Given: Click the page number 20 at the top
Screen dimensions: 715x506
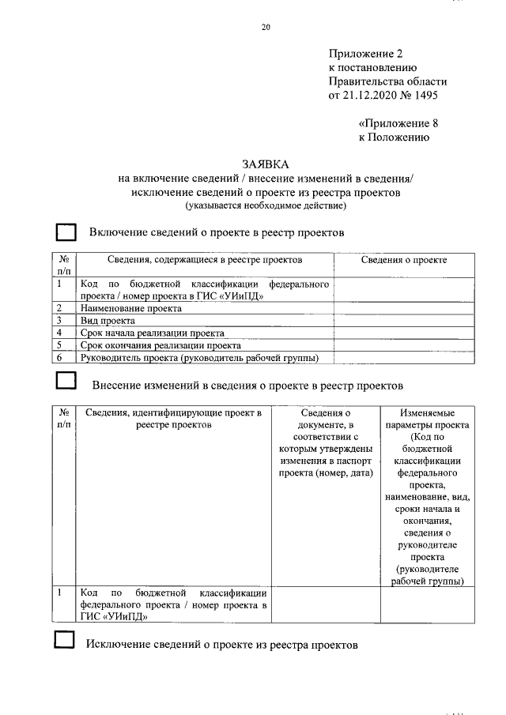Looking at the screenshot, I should click(266, 28).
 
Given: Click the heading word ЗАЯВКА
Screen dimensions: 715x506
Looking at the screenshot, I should click(266, 164).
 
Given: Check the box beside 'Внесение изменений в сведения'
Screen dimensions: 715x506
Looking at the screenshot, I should click(66, 384).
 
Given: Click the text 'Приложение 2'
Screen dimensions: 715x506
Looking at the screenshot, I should click(365, 54).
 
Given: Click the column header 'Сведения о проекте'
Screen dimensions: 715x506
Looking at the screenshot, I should click(404, 260).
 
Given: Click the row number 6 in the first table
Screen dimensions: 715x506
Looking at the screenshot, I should click(59, 358).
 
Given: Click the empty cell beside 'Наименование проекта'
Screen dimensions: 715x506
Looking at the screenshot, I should click(404, 308).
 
